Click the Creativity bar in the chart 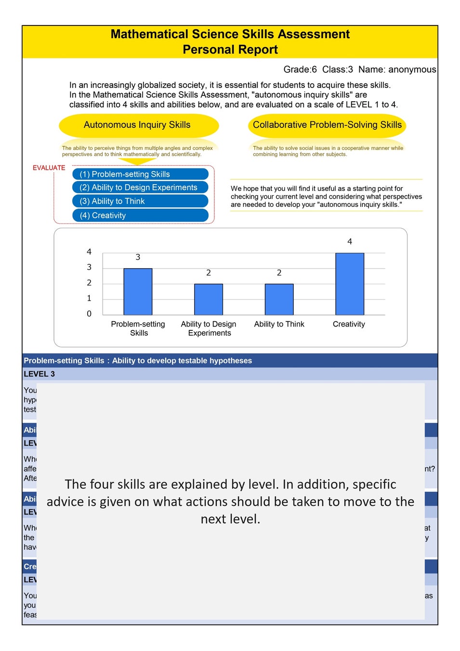click(350, 284)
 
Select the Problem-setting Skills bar click(138, 291)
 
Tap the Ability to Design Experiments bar click(209, 299)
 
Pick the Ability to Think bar click(279, 299)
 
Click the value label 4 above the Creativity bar click(350, 242)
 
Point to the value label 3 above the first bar click(138, 257)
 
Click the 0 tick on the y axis click(89, 314)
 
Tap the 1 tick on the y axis click(89, 298)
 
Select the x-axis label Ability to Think click(279, 324)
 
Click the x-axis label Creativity click(349, 324)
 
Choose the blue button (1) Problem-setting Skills click(140, 174)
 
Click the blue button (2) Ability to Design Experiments click(140, 187)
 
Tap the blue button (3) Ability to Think click(140, 201)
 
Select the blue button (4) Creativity click(140, 216)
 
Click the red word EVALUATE click(49, 168)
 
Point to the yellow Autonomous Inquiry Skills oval click(138, 125)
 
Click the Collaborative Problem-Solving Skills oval click(327, 125)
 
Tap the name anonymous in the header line click(412, 69)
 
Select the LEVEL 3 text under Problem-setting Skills click(39, 374)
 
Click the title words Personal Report click(230, 50)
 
